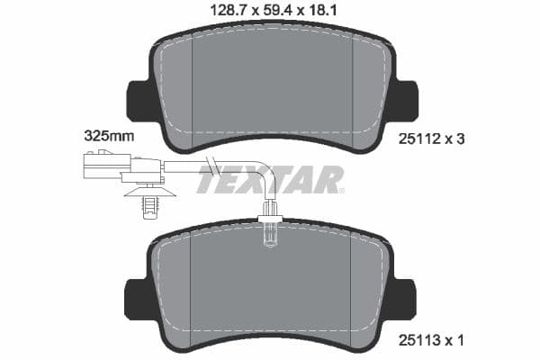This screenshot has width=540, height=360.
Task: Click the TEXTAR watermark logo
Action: [270, 181]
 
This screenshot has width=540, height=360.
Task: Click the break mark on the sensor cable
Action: [212, 166]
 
